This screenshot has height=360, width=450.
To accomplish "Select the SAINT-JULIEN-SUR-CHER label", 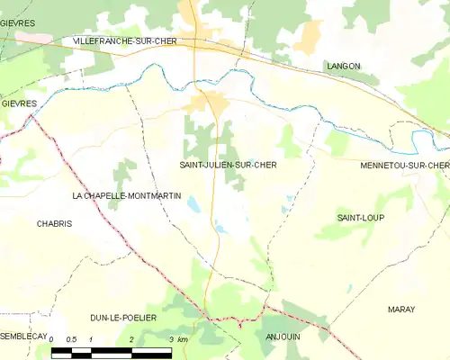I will (x=228, y=166).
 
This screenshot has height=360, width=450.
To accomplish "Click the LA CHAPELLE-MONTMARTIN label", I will (x=127, y=195).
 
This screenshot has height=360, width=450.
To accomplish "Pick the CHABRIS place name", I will (x=54, y=224).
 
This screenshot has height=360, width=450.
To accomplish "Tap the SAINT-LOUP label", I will (x=355, y=218).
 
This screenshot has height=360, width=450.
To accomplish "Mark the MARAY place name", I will (x=401, y=309).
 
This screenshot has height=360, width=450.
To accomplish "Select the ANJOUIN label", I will (x=283, y=336).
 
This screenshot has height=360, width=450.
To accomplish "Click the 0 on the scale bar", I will (x=52, y=339).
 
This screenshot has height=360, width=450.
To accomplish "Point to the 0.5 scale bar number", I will (x=72, y=339).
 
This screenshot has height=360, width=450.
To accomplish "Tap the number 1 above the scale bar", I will (x=92, y=339).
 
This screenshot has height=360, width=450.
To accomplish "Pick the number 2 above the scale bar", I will (x=131, y=339).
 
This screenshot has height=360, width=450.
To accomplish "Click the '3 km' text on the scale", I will (x=176, y=339).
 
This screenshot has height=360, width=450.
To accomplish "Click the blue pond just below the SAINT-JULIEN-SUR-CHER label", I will (x=193, y=205).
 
